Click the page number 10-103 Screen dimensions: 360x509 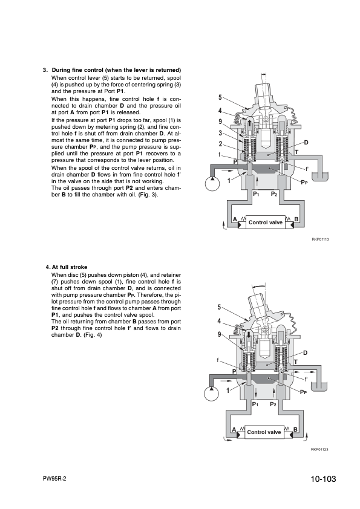coord(323,479)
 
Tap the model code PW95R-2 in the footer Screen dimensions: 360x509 coord(54,479)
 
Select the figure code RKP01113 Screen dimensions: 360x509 coord(320,239)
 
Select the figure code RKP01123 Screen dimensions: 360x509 coord(319,449)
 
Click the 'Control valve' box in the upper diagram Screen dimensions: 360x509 coord(266,222)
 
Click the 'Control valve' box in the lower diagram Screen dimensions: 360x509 coord(264,432)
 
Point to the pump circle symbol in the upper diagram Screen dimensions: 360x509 coord(212,184)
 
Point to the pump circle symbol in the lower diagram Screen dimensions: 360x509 coord(212,394)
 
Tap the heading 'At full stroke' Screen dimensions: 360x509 coord(70,267)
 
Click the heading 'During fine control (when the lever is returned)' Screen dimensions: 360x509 coord(116,70)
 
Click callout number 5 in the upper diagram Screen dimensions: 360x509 coord(220,97)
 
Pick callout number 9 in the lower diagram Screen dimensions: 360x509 coord(219,334)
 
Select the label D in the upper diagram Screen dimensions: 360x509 coord(306,143)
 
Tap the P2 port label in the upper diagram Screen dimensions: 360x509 coord(274,194)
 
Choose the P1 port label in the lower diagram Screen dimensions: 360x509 coord(255,404)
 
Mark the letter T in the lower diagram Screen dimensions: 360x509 coord(296,362)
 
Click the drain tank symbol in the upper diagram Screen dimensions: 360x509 coord(319,177)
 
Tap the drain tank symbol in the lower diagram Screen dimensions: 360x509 coord(319,387)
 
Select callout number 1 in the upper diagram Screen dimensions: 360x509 coord(229,181)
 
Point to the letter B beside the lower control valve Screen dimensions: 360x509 coord(295,429)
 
